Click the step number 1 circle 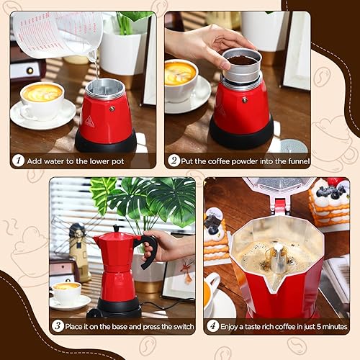[x=18, y=161]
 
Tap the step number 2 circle [x=174, y=161]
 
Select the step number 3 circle [x=58, y=325]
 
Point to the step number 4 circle [x=213, y=325]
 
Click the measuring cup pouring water [x=58, y=32]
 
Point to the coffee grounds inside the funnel [x=241, y=60]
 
